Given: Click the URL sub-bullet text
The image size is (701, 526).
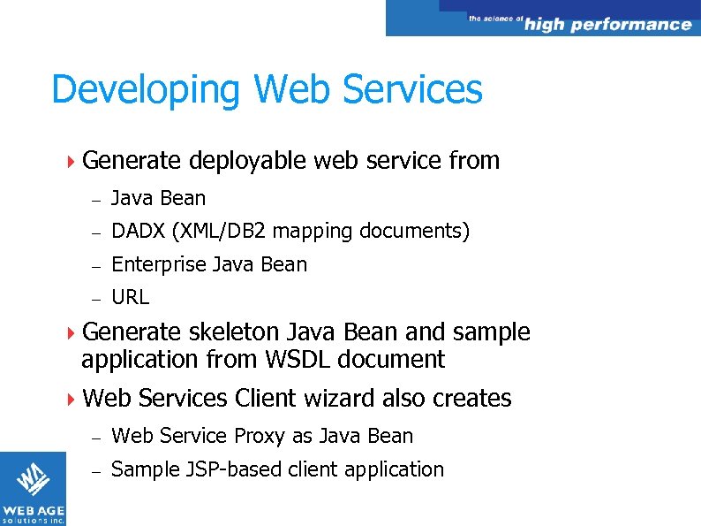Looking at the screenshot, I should coord(131,297).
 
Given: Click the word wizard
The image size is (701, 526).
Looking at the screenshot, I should coord(339,399).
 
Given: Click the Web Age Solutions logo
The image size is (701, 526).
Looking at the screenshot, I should coord(33,488).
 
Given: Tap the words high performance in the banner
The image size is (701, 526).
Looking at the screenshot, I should coord(607,24).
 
